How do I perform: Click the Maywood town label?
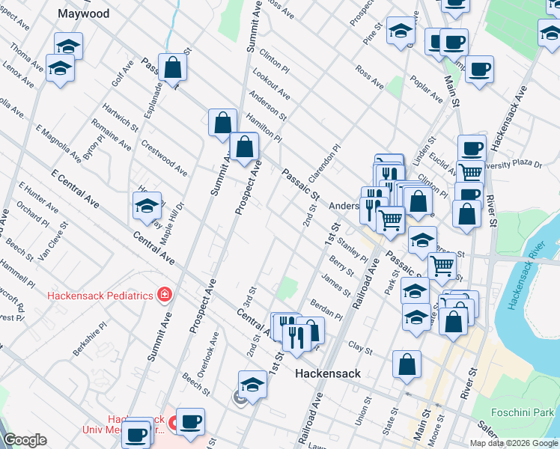pos(83,13)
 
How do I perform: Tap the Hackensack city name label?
pos(327,373)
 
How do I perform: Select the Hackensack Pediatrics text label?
pos(100,295)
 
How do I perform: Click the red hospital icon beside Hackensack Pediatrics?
pos(164,295)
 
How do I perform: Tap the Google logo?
pos(25,440)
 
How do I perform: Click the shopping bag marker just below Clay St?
pos(406,364)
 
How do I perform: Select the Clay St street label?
pos(360,347)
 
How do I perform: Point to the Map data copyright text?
pos(514,443)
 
